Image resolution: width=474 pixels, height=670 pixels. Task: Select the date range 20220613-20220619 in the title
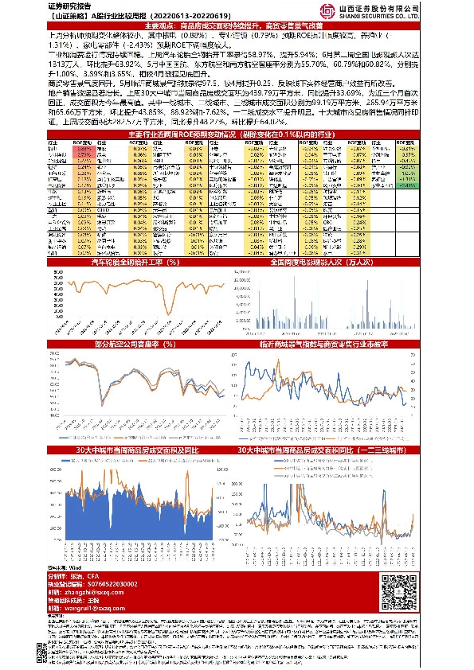182,15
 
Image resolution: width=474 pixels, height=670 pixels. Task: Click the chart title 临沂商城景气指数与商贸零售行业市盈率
329,344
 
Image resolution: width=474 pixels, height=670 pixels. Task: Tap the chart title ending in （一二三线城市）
329,450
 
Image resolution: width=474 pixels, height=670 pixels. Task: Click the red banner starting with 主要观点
237,26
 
